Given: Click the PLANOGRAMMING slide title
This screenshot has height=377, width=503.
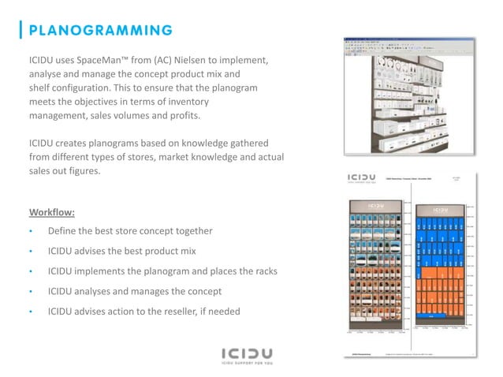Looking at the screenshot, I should pyautogui.click(x=102, y=31).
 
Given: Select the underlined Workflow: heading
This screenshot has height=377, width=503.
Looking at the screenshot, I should pyautogui.click(x=53, y=212).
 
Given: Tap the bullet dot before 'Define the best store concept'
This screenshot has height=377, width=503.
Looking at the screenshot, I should pyautogui.click(x=31, y=232).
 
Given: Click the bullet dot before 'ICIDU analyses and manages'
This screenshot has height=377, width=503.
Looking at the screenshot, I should pyautogui.click(x=31, y=290).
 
